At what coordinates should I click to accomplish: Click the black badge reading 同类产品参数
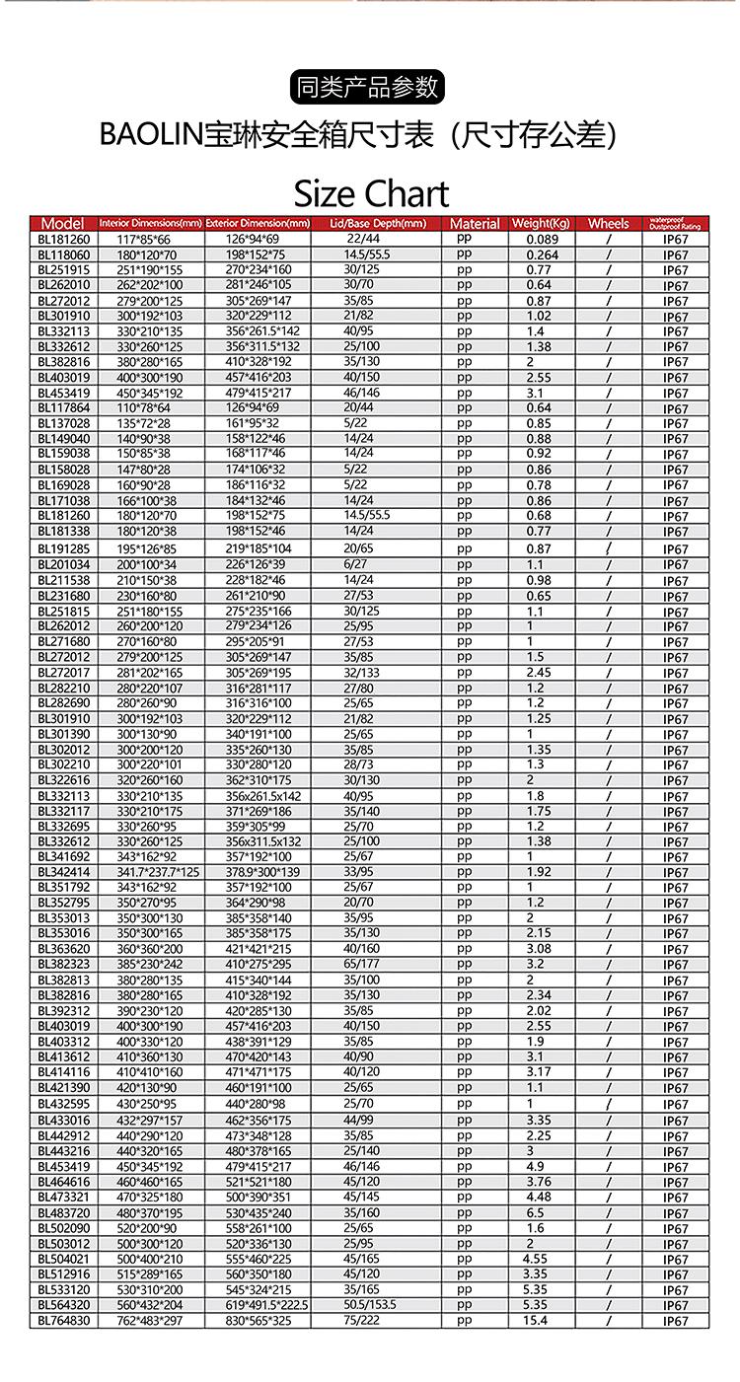369,87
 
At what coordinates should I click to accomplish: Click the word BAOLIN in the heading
150,135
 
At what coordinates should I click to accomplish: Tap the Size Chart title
371,192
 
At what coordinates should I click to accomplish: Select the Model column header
63,223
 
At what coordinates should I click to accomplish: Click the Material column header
475,224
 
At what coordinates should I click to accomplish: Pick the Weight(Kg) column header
541,224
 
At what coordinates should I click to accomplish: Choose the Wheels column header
608,224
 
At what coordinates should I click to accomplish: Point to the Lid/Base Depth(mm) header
377,224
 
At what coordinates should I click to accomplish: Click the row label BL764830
63,1320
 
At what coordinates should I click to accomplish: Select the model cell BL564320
63,1304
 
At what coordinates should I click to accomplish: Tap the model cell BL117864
63,407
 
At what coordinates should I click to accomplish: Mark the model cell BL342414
63,872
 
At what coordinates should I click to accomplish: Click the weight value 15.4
536,1320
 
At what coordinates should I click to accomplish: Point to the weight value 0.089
542,239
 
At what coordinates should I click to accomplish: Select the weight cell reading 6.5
536,1212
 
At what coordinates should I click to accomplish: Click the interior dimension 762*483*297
151,1320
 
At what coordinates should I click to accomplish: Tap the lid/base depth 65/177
361,964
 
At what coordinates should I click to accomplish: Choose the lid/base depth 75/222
361,1320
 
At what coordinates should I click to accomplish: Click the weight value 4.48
538,1198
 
